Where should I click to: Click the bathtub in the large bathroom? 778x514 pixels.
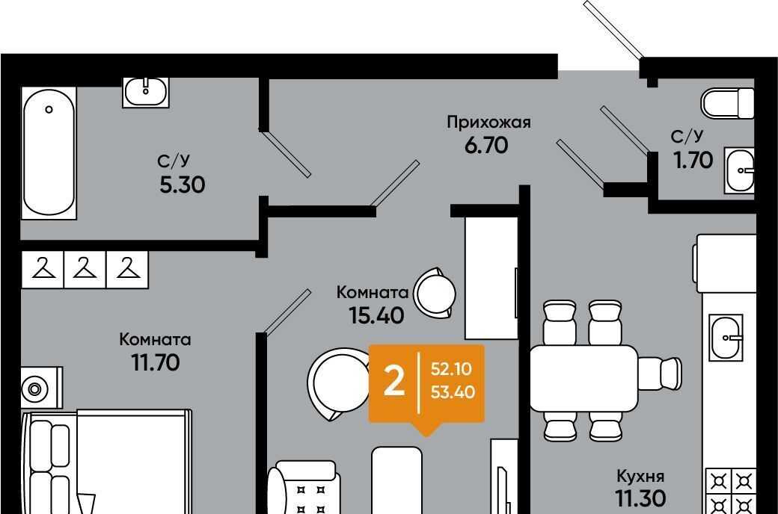pyautogui.click(x=49, y=153)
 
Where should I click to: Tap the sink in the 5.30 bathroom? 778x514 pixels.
pyautogui.click(x=146, y=92)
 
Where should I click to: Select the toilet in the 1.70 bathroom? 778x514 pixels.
pyautogui.click(x=727, y=103)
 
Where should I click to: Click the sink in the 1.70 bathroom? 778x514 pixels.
pyautogui.click(x=739, y=170)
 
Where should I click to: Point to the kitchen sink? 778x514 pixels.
pyautogui.click(x=726, y=338)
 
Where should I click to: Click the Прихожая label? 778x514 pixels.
pyautogui.click(x=488, y=123)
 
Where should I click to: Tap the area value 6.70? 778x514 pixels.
pyautogui.click(x=486, y=145)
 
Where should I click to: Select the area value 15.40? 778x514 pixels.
pyautogui.click(x=376, y=315)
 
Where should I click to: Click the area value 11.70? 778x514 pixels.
pyautogui.click(x=156, y=363)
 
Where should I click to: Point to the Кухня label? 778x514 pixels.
pyautogui.click(x=640, y=477)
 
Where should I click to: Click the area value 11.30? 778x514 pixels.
pyautogui.click(x=640, y=498)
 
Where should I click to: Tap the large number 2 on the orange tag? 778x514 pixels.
pyautogui.click(x=394, y=383)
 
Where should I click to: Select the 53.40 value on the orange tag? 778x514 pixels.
pyautogui.click(x=453, y=392)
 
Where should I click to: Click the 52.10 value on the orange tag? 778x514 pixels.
pyautogui.click(x=451, y=369)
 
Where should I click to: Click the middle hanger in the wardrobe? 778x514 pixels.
pyautogui.click(x=85, y=269)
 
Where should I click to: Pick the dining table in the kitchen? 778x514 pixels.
pyautogui.click(x=584, y=379)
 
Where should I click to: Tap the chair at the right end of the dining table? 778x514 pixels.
pyautogui.click(x=660, y=374)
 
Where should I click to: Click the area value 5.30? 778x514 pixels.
pyautogui.click(x=182, y=185)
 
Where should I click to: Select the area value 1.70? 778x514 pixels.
pyautogui.click(x=693, y=160)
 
